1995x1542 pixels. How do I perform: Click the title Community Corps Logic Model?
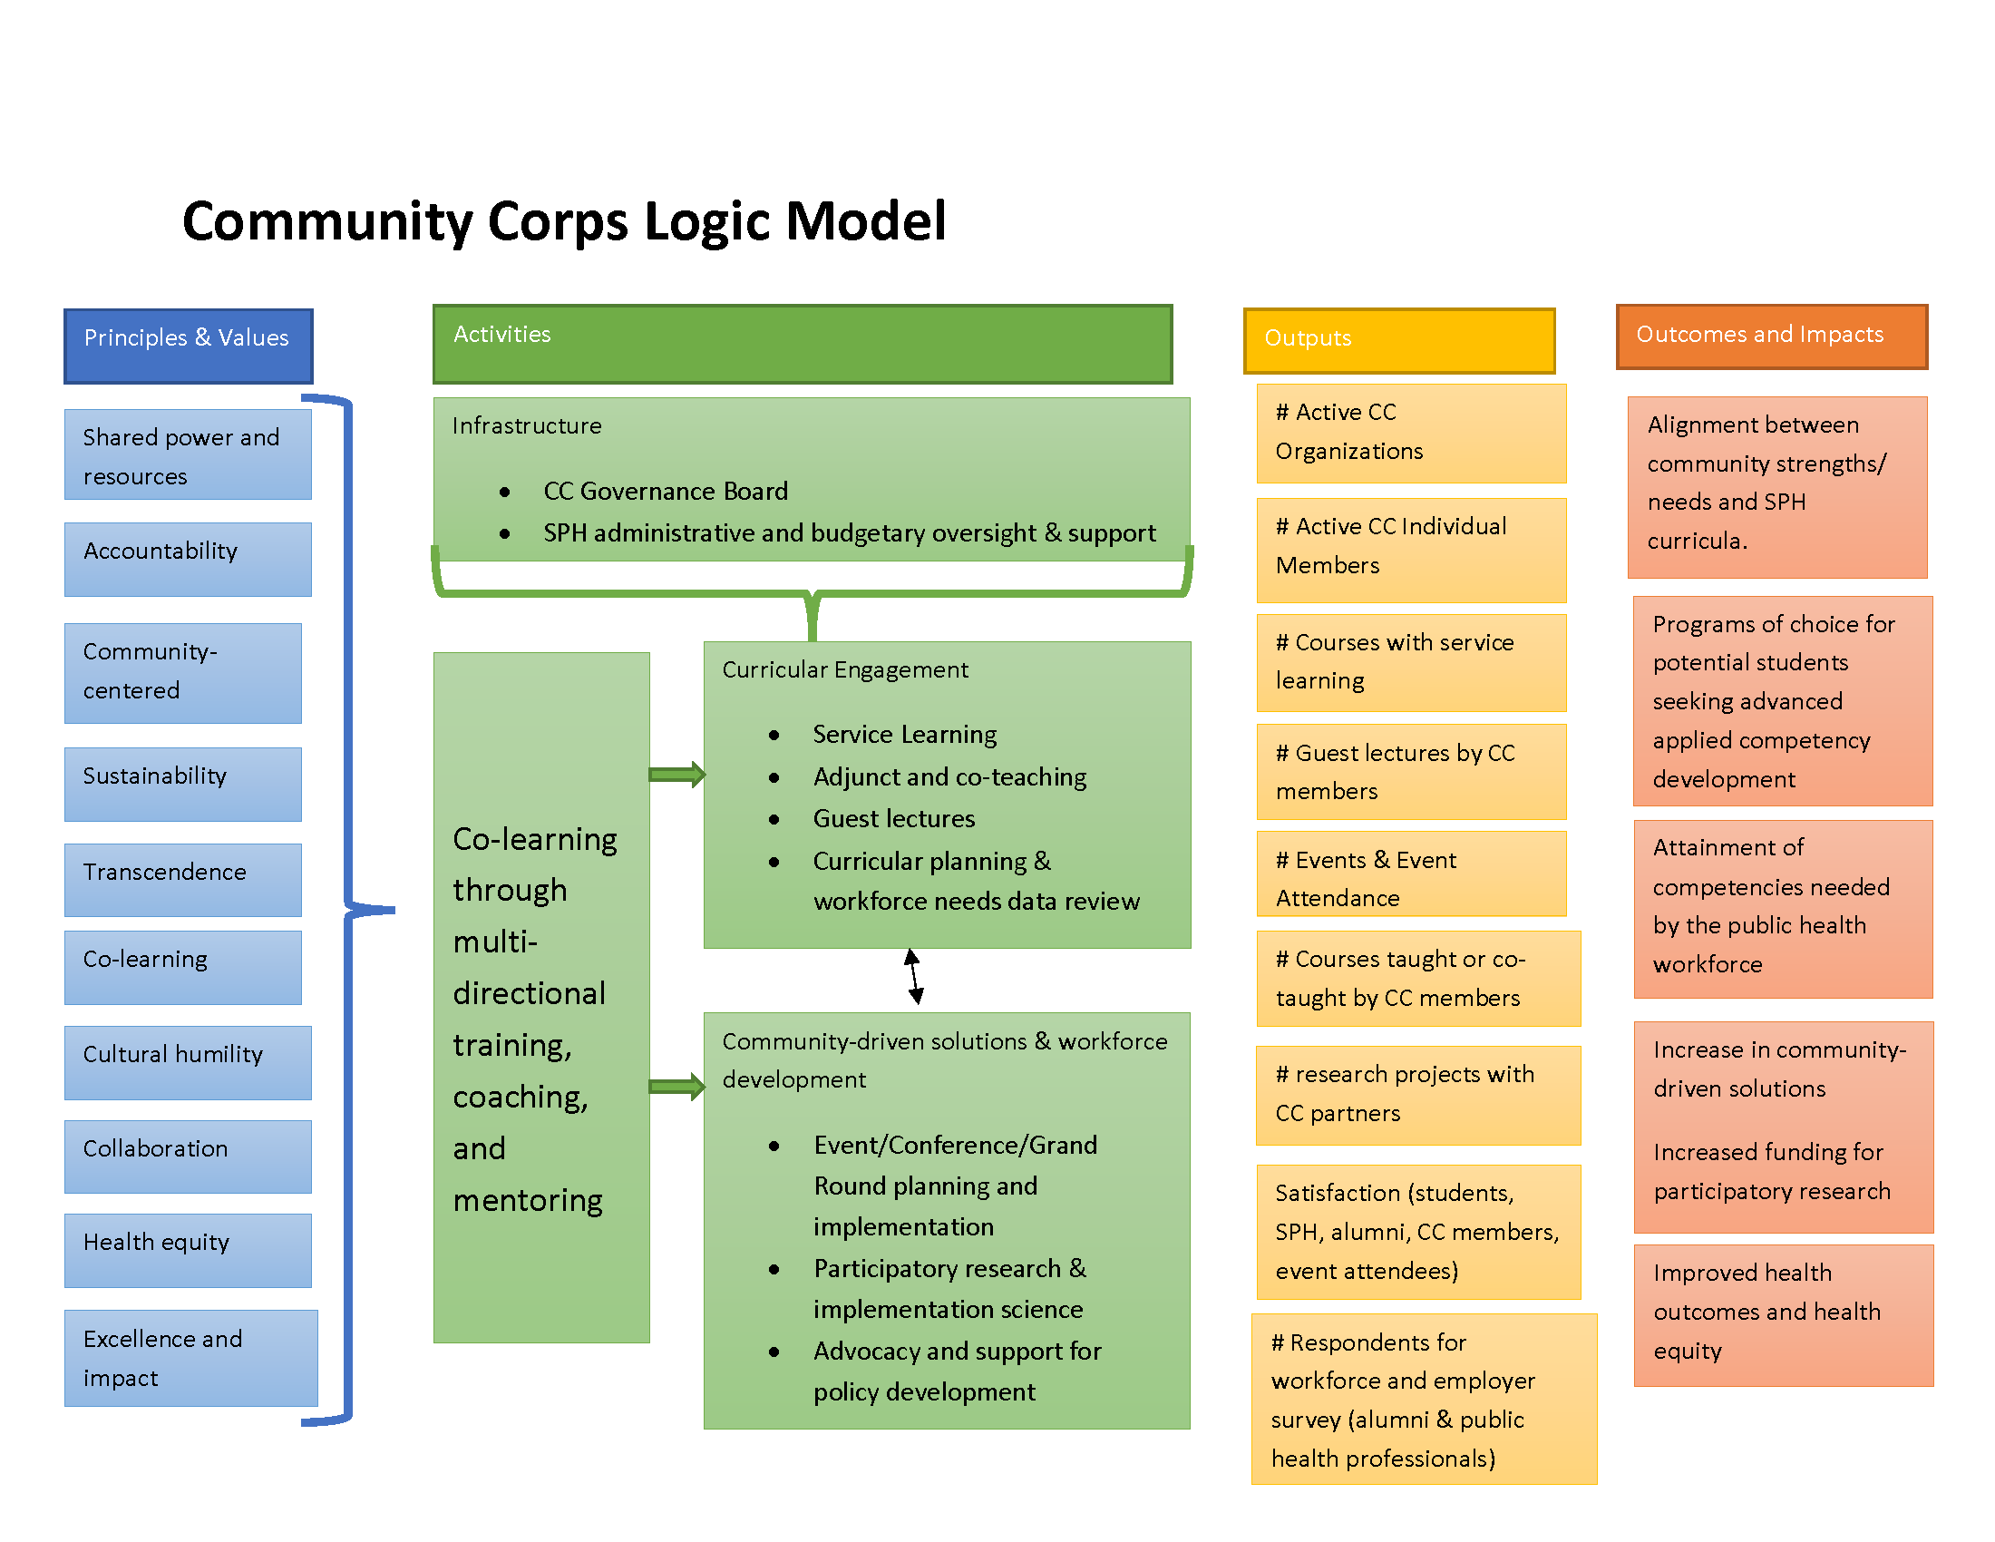[x=564, y=221]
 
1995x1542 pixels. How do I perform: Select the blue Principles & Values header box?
[x=189, y=346]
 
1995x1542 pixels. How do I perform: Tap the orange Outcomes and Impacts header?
[x=1770, y=337]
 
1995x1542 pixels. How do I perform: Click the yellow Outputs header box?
[x=1398, y=340]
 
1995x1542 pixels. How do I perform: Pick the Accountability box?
[x=188, y=558]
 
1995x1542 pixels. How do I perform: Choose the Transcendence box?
[x=182, y=879]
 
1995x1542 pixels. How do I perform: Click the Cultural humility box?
[x=188, y=1061]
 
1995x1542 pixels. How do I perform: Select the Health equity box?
[x=188, y=1249]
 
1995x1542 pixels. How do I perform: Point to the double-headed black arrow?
[x=913, y=976]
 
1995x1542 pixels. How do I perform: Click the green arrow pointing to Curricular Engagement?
[x=676, y=775]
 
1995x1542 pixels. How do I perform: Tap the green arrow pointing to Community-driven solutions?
[x=676, y=1085]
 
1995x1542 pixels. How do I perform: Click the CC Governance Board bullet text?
[x=665, y=492]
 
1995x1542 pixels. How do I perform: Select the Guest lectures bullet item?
[x=893, y=818]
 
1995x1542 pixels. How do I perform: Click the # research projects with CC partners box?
[x=1416, y=1095]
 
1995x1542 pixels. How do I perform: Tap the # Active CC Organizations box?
[x=1410, y=432]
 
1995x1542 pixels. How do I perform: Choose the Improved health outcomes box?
[x=1782, y=1313]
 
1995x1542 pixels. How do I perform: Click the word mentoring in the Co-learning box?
[x=527, y=1199]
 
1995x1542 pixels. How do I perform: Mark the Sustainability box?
[x=182, y=783]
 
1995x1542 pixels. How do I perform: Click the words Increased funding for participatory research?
[x=1771, y=1171]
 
